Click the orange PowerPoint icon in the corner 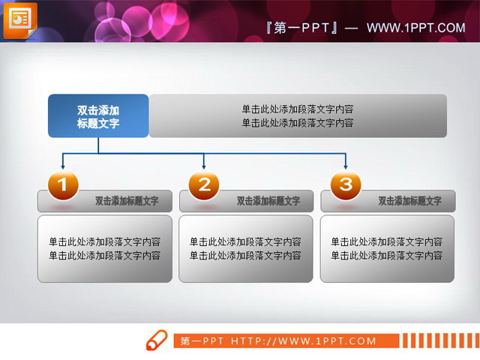pyautogui.click(x=19, y=20)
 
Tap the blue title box pyautogui.click(x=98, y=116)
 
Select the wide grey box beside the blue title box pyautogui.click(x=298, y=116)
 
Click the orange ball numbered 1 pyautogui.click(x=63, y=184)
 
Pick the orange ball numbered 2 pyautogui.click(x=204, y=184)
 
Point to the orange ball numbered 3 pyautogui.click(x=345, y=184)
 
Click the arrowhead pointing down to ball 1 pyautogui.click(x=62, y=165)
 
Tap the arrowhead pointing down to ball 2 pyautogui.click(x=204, y=165)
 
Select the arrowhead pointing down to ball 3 pyautogui.click(x=345, y=165)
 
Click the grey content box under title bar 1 pyautogui.click(x=105, y=249)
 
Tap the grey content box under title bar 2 pyautogui.click(x=246, y=249)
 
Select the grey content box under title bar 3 pyautogui.click(x=387, y=249)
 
